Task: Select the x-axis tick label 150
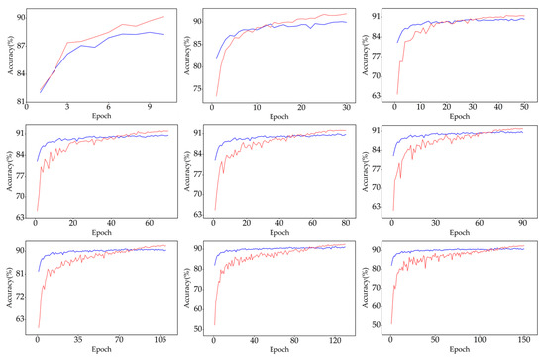523,339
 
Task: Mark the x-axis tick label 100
480,339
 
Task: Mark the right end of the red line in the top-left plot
163,16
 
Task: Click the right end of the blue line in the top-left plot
163,34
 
